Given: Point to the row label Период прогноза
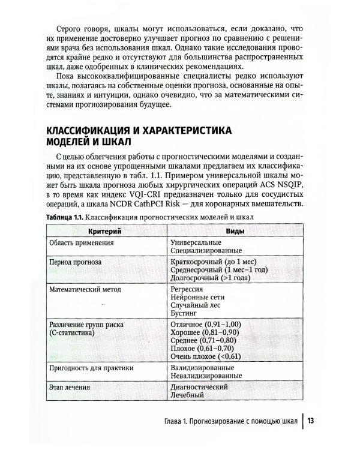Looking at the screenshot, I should tap(76, 262).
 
